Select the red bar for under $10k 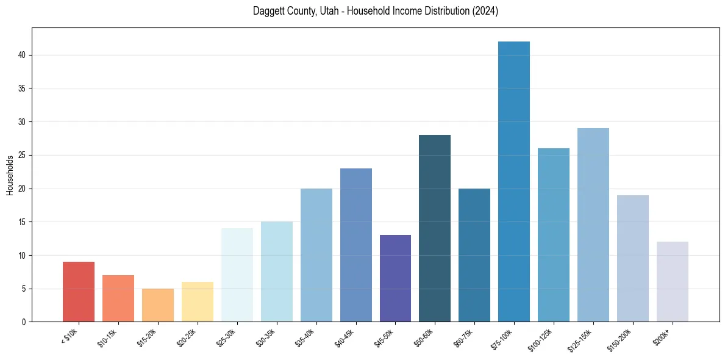coord(79,292)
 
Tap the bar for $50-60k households coord(435,228)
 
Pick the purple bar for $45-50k coord(395,278)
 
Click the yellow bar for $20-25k coord(198,301)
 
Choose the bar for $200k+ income coord(673,281)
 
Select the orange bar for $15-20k coord(158,305)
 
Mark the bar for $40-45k coord(356,245)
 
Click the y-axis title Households coord(10,175)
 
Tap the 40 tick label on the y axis coord(23,55)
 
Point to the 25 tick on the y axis coord(23,155)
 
